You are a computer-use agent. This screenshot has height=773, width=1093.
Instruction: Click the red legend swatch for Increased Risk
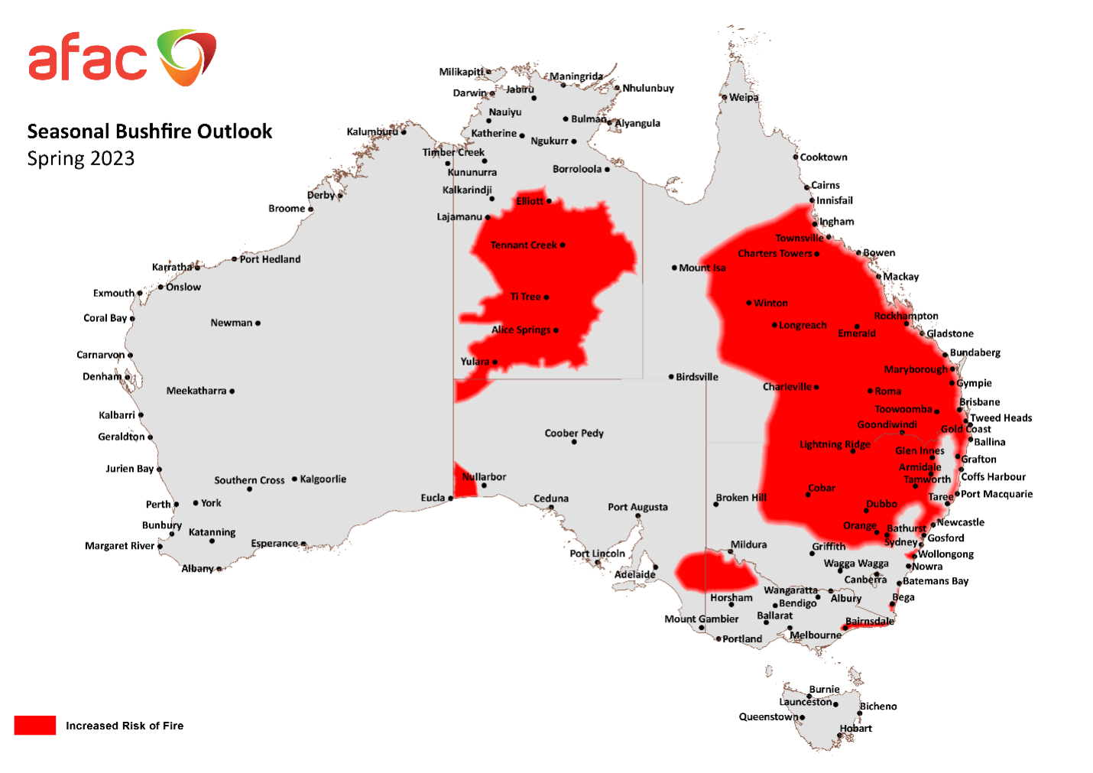pos(34,725)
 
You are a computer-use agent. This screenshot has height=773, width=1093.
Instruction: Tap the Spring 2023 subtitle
pos(80,158)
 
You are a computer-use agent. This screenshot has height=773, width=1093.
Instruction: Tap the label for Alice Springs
pos(521,330)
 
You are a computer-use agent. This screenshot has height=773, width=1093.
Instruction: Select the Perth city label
pos(158,504)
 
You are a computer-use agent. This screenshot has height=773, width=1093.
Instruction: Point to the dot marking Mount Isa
pos(674,268)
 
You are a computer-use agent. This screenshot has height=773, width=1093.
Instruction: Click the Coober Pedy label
pos(574,433)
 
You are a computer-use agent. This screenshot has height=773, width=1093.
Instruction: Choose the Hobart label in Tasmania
pos(856,728)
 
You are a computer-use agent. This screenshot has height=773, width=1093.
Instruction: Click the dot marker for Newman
pos(258,323)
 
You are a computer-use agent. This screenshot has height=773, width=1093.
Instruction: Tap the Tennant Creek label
pos(524,245)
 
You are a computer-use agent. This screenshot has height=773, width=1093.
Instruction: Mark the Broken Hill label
pos(741,497)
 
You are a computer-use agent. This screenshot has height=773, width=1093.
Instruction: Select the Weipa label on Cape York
pos(744,97)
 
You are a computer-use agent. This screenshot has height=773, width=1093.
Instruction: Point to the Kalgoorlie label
pos(323,479)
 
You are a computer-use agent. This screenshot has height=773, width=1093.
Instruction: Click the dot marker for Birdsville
pos(671,376)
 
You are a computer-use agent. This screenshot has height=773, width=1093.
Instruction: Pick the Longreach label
pos(803,325)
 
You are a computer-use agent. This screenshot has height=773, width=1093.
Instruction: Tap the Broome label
pos(287,208)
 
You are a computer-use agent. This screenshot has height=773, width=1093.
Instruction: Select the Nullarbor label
pos(485,476)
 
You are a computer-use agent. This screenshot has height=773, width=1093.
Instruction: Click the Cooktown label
pos(823,157)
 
